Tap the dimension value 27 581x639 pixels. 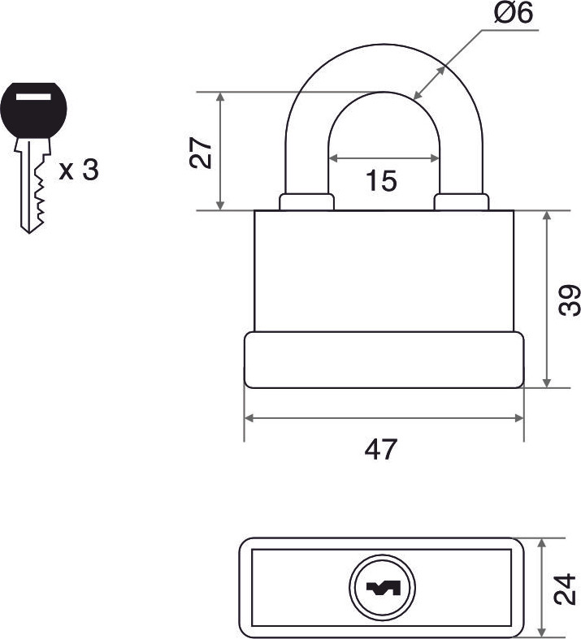[201, 153]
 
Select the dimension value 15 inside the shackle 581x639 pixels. [381, 180]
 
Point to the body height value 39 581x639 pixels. [569, 300]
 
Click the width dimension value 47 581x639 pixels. [380, 449]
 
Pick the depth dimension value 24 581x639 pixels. [566, 589]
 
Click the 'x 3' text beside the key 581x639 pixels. [79, 170]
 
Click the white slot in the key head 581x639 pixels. [33, 97]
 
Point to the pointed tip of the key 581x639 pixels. [29, 233]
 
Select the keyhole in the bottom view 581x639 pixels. [383, 587]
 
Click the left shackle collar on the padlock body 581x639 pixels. [306, 202]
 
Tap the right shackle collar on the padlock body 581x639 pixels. [462, 202]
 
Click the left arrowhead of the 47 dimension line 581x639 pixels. [249, 418]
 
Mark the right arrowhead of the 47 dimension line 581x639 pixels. [519, 418]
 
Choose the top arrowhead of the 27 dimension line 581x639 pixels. [220, 97]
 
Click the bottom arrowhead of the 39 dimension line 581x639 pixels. [547, 382]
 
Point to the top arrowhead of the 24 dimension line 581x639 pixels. [542, 543]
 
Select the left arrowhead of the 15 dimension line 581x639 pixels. [333, 158]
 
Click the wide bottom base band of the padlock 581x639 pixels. [384, 360]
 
